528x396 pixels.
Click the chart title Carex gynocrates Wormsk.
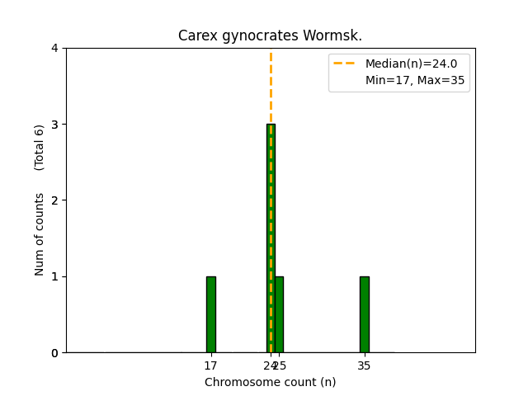tap(270, 36)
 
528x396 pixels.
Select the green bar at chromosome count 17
tap(210, 314)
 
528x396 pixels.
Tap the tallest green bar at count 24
tap(269, 239)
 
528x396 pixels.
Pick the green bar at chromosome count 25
tap(279, 314)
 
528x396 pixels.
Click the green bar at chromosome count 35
tap(364, 314)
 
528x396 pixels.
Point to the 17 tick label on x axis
tap(210, 365)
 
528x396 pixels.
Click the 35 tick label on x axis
tap(364, 365)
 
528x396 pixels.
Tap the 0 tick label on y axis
tap(54, 353)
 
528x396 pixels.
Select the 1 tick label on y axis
tap(54, 276)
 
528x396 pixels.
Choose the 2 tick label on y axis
tap(54, 200)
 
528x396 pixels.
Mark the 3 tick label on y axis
tap(54, 125)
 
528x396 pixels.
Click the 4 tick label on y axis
tap(54, 49)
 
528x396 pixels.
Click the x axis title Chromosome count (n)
tap(270, 382)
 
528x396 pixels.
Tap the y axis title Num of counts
tap(40, 234)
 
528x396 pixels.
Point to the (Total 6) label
tap(40, 147)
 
